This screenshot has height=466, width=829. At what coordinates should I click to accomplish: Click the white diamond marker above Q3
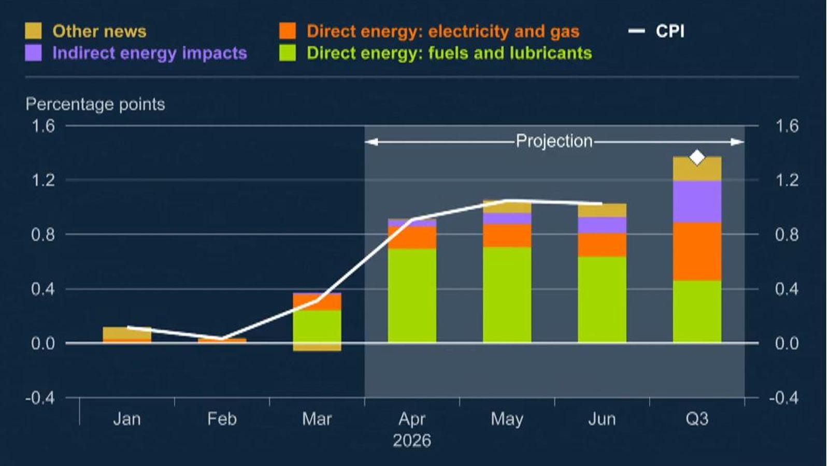pos(697,157)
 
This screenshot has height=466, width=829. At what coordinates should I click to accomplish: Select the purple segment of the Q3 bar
pos(697,201)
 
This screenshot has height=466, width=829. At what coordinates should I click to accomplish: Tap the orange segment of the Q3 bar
pos(697,251)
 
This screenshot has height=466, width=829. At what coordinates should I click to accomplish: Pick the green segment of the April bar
pos(412,295)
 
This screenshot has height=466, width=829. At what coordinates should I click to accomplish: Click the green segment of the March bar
pos(317,326)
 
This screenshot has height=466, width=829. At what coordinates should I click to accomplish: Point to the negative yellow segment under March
pos(317,347)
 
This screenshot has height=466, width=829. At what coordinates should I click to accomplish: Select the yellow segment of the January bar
pos(127,332)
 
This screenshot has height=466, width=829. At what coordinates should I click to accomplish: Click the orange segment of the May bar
pos(507,235)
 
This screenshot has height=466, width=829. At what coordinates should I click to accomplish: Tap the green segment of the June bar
pos(602,299)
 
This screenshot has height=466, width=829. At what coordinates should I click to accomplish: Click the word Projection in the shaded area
pos(554,141)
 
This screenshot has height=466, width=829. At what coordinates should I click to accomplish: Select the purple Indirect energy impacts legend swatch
pos(33,53)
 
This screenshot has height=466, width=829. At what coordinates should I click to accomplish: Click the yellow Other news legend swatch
pos(33,31)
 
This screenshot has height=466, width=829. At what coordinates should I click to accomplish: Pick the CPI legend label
pos(670,31)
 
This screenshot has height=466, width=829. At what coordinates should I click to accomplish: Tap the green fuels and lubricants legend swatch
pos(288,53)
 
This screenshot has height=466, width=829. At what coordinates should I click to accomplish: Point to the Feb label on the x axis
pos(222,418)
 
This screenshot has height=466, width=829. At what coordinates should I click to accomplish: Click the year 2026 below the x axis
pos(412,441)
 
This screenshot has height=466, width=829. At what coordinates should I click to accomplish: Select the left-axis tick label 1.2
pos(43,180)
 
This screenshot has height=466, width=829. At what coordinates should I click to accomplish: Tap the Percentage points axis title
pos(95,104)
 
